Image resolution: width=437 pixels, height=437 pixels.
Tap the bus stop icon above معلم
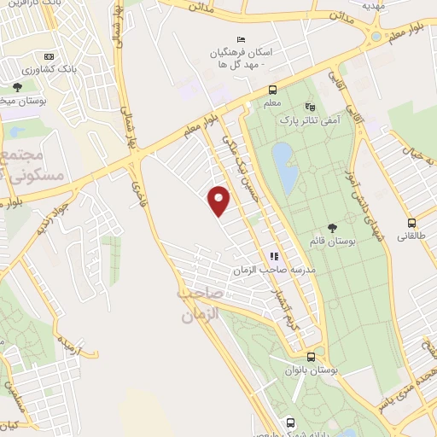pos(272,90)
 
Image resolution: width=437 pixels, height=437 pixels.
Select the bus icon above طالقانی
pos(411,222)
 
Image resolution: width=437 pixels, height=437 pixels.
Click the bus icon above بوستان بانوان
pos(311,357)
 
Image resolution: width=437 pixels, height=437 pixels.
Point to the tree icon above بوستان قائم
pos(332,227)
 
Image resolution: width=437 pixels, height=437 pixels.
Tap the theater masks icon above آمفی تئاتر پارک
pos(310,108)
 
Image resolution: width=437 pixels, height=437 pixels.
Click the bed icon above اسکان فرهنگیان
pos(240,39)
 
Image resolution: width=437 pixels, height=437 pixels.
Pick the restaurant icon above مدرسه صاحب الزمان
pos(274,255)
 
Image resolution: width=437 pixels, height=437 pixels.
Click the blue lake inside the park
pos(284,166)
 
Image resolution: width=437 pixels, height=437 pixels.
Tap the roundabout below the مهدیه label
pos(376,38)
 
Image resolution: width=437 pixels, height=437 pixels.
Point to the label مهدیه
pos(374,5)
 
